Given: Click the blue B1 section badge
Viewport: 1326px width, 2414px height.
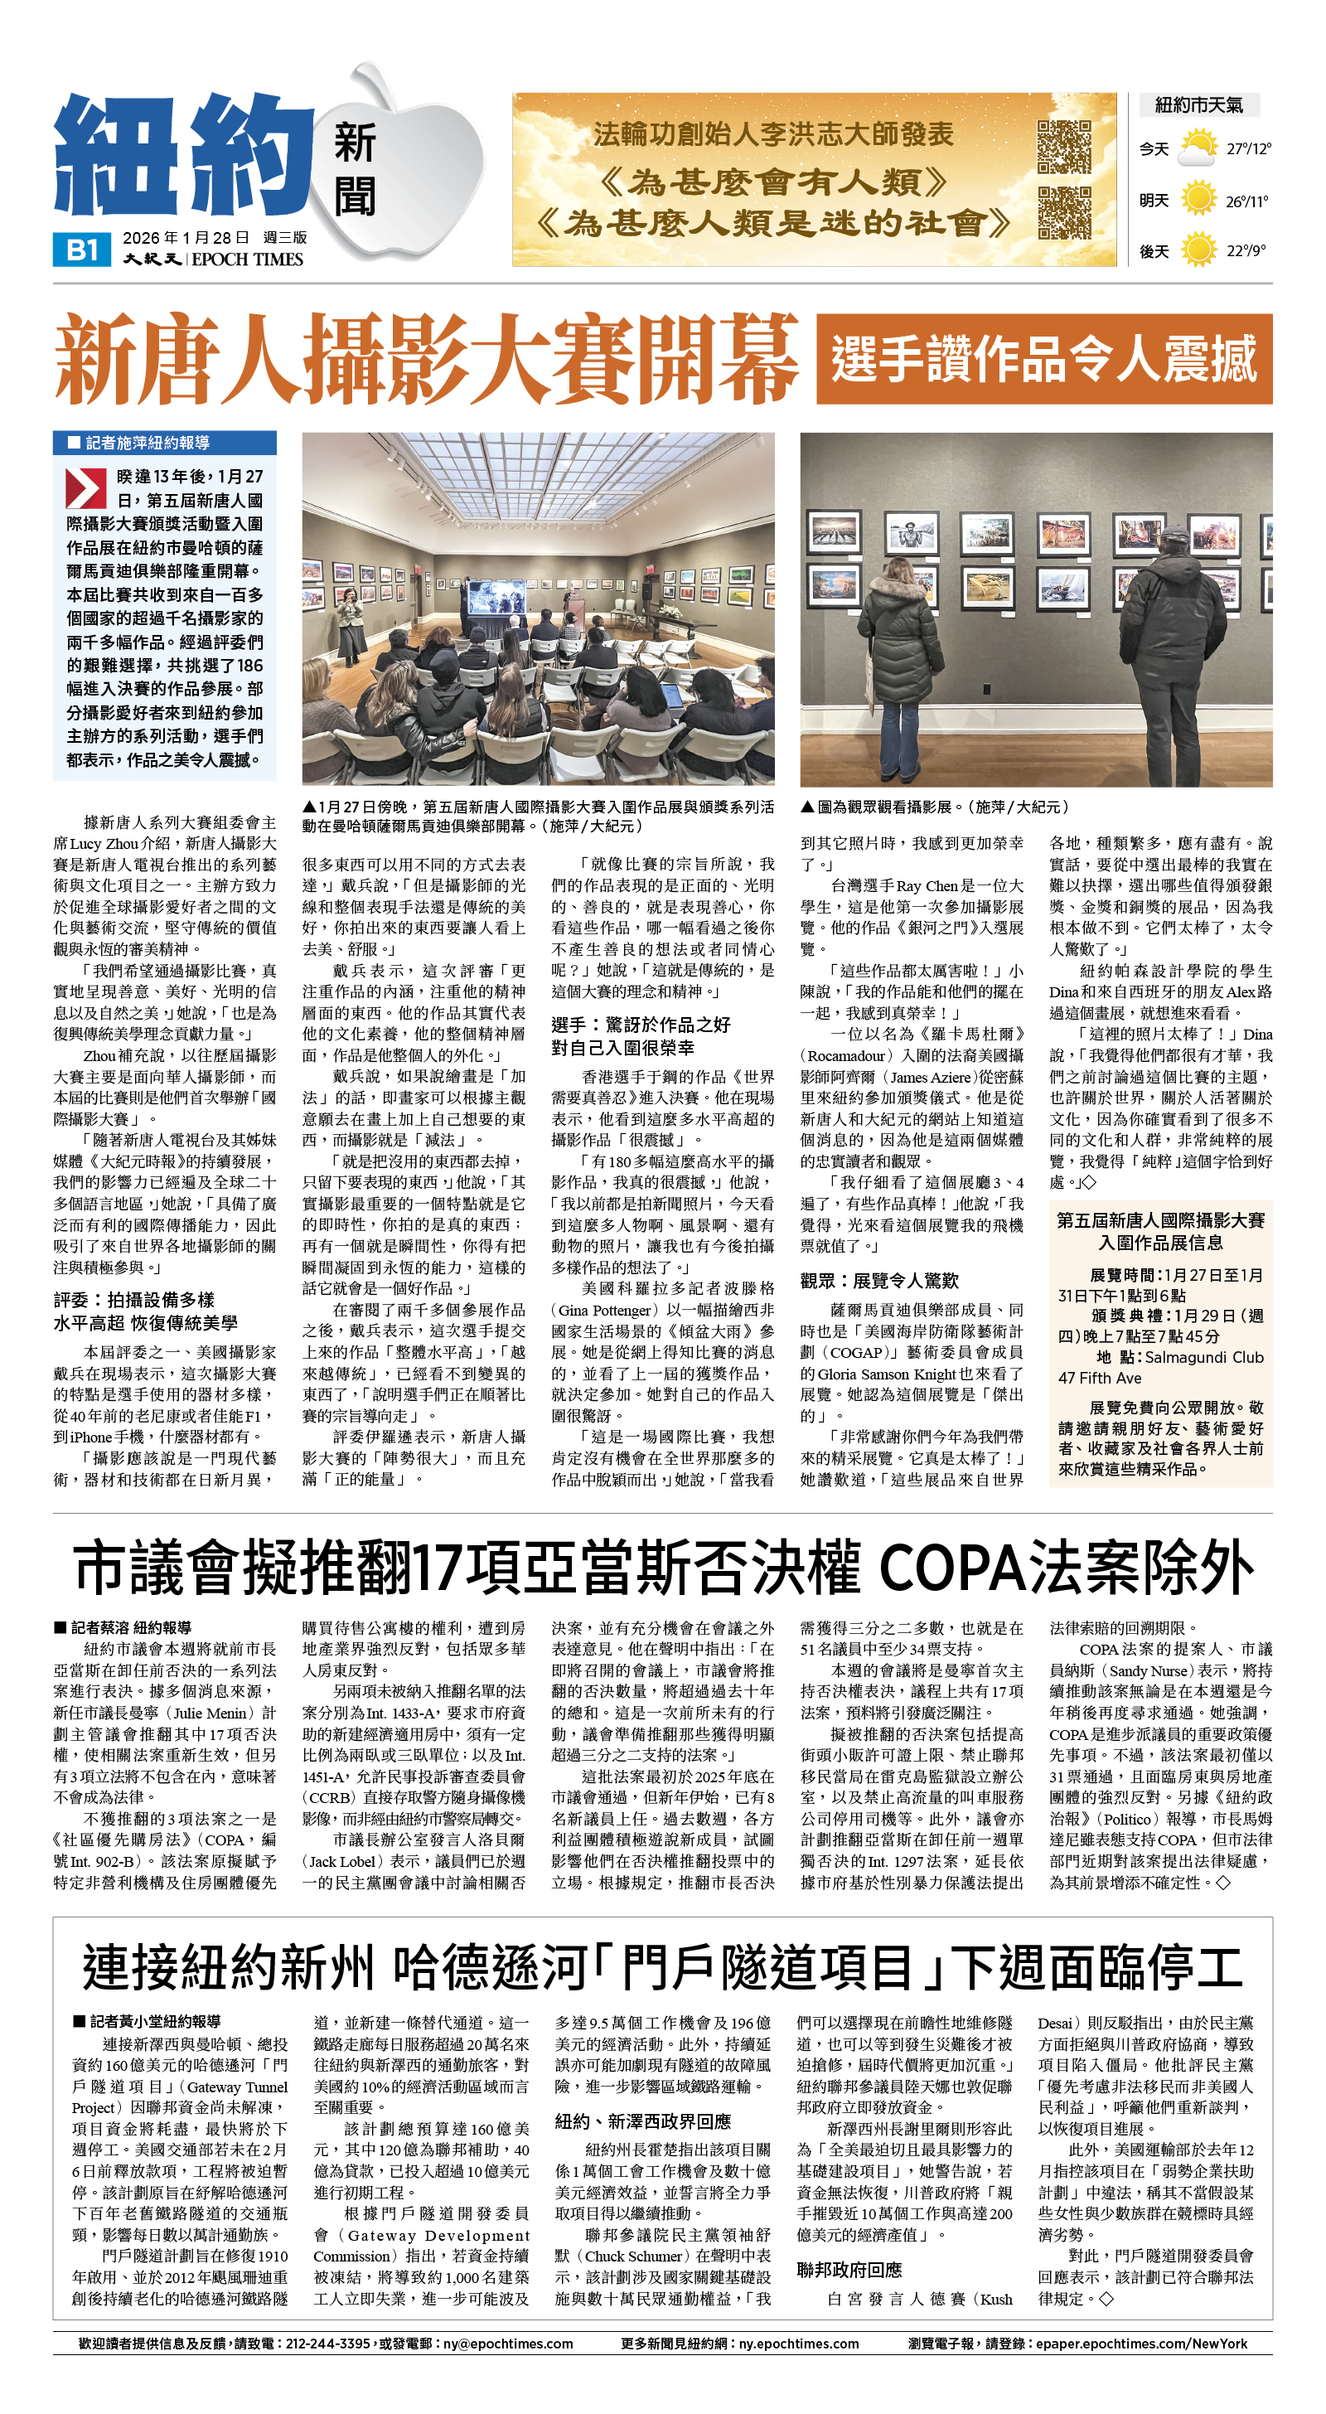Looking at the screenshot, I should point(84,250).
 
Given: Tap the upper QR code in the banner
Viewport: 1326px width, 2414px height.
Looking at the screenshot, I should point(1065,146).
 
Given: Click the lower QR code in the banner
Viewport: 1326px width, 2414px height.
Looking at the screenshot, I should point(1065,213).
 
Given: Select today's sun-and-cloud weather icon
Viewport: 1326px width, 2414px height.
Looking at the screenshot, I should point(1197,148).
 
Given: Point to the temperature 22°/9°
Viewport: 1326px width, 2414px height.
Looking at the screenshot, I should point(1246,250).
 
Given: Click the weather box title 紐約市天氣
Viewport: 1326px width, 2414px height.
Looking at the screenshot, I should point(1198,105).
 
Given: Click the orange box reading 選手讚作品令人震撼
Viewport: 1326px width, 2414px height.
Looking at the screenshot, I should point(1043,359).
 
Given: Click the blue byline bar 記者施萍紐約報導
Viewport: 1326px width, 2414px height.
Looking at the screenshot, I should point(164,443).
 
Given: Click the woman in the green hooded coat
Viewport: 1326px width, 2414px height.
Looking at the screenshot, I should point(902,656).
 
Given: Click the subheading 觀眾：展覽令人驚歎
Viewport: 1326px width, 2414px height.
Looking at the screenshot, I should point(879,1280).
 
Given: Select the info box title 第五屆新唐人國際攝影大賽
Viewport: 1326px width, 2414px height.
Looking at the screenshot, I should point(1159,1220).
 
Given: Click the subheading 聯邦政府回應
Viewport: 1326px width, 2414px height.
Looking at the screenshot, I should point(849,2269).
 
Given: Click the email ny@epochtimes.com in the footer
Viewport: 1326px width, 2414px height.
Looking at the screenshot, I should point(508,2344).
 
